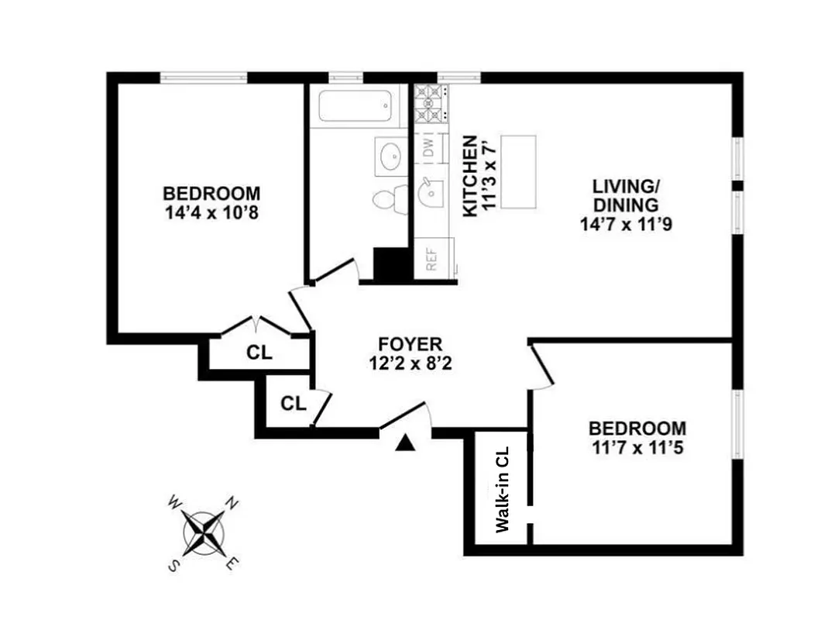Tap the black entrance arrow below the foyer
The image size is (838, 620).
click(x=405, y=443)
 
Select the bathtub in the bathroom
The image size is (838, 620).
click(x=355, y=106)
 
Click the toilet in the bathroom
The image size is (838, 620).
click(x=388, y=198)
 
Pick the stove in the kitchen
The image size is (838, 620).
click(x=431, y=105)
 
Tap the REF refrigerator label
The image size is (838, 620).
click(x=432, y=257)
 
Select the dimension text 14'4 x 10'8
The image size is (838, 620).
click(x=210, y=212)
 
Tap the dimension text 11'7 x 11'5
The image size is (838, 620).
click(x=637, y=447)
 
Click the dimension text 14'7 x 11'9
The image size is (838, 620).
click(x=625, y=225)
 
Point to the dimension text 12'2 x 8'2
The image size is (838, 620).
click(x=410, y=363)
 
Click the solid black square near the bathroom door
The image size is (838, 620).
click(x=392, y=264)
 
